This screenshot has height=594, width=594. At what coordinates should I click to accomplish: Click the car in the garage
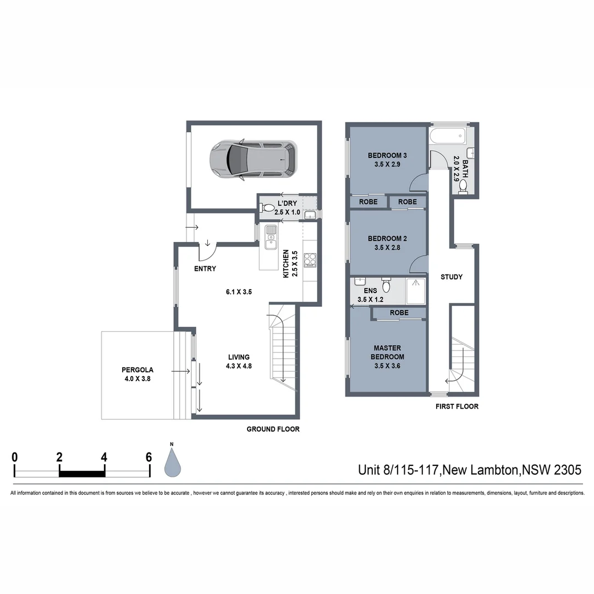(253, 160)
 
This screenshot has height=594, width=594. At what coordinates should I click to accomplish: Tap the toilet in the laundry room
(268, 208)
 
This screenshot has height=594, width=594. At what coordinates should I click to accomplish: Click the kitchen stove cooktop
(310, 258)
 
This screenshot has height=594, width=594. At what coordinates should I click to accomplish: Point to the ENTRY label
(205, 269)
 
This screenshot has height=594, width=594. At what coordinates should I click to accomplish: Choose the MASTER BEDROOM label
(387, 353)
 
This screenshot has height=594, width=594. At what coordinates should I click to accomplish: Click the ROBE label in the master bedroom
(399, 313)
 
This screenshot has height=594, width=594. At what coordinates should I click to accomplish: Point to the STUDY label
(451, 277)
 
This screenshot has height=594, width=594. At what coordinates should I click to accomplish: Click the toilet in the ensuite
(386, 286)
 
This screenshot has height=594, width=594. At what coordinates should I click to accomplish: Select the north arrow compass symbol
(173, 462)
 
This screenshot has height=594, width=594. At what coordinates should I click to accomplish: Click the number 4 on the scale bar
(104, 457)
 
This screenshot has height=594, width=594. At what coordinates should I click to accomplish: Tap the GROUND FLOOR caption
(273, 429)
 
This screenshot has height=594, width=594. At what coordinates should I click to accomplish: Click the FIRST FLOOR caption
(457, 406)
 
